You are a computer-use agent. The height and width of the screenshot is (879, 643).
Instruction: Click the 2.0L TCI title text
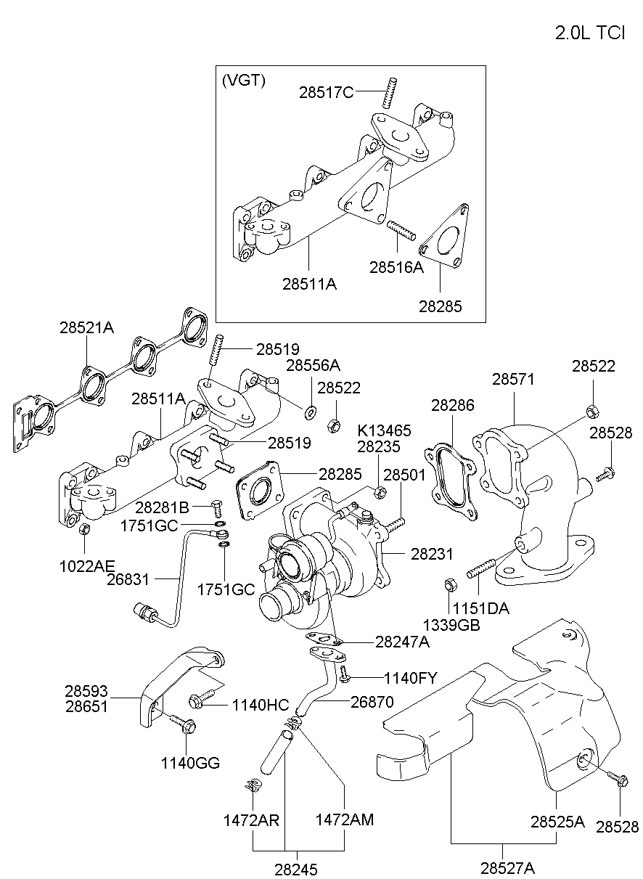tap(589, 33)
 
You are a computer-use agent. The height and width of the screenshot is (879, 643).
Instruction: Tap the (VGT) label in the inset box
tap(243, 81)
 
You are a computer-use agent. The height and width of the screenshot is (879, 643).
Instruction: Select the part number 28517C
tap(326, 92)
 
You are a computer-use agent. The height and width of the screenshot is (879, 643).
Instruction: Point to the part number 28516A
tap(396, 267)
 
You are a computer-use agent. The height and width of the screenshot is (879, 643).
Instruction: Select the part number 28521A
tap(86, 327)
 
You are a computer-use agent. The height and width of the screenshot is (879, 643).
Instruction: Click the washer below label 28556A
tap(311, 413)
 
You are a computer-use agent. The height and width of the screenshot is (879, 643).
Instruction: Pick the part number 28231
tap(432, 554)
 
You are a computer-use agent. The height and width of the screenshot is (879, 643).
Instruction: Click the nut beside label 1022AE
tap(83, 528)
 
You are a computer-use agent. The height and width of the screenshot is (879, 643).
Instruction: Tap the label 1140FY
tap(410, 678)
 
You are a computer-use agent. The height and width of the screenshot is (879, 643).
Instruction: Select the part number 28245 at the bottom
tap(296, 869)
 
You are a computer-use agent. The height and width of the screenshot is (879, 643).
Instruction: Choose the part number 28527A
tap(507, 867)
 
